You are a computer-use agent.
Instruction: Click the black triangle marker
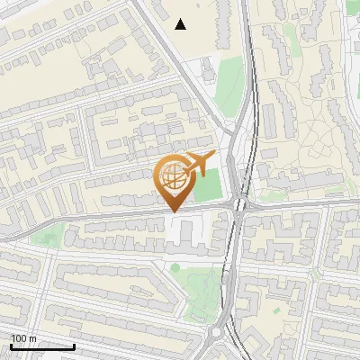pos(181,24)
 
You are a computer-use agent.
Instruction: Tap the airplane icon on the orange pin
pos(199,164)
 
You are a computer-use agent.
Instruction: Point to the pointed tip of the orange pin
pos(174,211)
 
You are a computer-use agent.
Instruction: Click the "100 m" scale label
pos(24,338)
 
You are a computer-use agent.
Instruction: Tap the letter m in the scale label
pos(33,338)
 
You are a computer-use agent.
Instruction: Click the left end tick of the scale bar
pos(11,344)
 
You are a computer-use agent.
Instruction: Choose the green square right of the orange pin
pos(208,185)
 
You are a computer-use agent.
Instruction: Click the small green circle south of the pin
pos(175,266)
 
